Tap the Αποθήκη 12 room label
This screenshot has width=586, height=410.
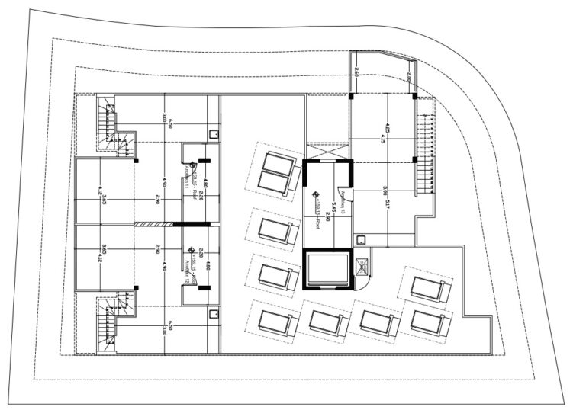tap(188, 265)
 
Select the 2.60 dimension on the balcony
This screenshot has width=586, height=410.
tap(356, 72)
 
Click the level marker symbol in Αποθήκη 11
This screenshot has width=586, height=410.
tap(192, 163)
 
